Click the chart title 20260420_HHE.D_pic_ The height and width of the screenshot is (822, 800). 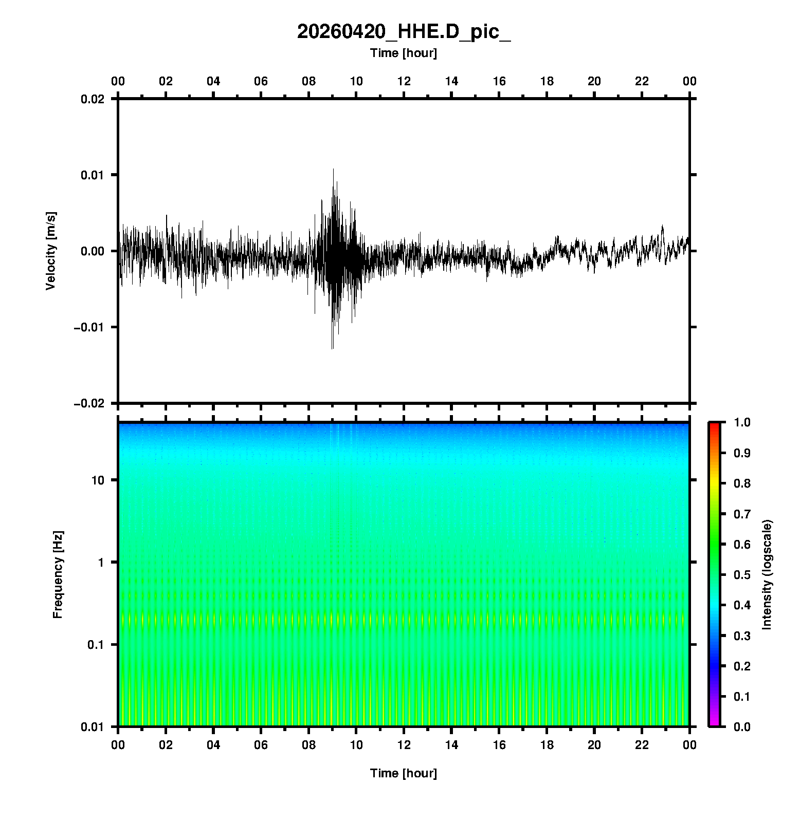point(404,32)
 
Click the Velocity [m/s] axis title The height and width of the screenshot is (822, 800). point(50,251)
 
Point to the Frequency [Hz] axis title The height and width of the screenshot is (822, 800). point(58,574)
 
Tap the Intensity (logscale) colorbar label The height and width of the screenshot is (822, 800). point(767,574)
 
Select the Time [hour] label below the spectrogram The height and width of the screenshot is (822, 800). point(404,773)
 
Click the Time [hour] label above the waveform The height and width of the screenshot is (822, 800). point(404,53)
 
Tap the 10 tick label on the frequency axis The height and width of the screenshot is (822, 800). point(98,480)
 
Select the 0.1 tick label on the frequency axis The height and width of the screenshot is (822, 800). point(96,645)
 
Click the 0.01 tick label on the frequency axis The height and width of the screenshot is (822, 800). point(93,727)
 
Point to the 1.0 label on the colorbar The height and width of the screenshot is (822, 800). point(742,422)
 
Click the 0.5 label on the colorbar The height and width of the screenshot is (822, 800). point(742,574)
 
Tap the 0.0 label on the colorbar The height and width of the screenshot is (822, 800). point(742,726)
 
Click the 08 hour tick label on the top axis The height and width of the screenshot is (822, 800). point(308,81)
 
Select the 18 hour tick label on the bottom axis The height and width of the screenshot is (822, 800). point(547,745)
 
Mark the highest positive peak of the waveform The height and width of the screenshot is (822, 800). point(333,169)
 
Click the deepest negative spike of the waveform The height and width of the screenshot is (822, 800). point(332,348)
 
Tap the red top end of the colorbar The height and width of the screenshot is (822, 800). point(714,425)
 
